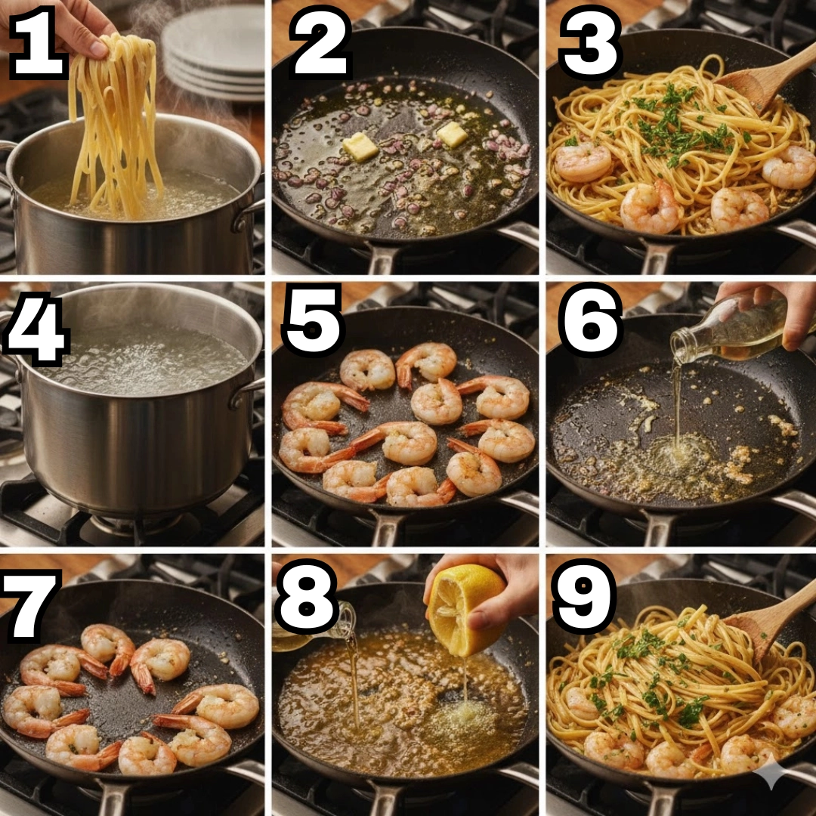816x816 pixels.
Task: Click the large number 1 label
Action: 38,42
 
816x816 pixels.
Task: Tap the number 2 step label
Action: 320,42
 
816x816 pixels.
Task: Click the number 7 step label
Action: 30,604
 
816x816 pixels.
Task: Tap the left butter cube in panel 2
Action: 360,147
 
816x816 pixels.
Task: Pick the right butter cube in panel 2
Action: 452,134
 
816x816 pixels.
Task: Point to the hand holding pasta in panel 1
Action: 57,25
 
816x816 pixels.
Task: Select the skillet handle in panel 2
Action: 384,257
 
